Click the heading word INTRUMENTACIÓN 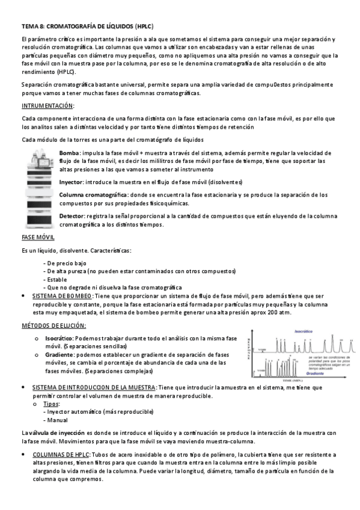point(47,105)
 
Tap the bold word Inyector point(71,181)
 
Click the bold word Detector point(72,215)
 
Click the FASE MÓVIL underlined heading point(38,238)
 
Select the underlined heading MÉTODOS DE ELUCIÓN point(53,326)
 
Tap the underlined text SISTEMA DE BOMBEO point(62,296)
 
